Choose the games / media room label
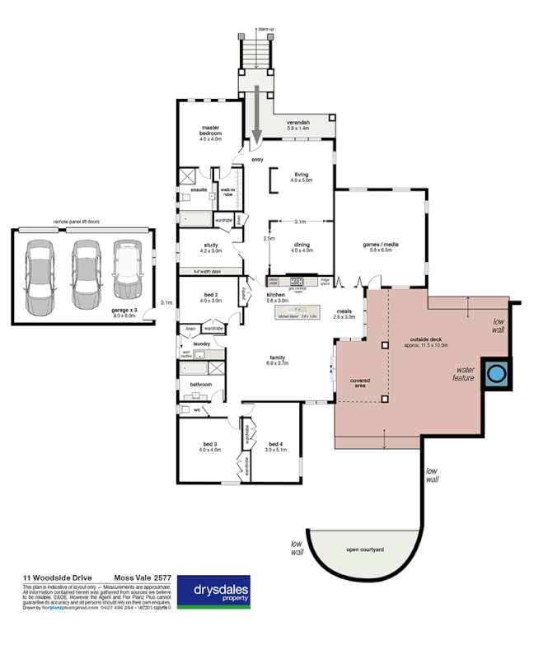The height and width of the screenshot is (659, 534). [x=381, y=246]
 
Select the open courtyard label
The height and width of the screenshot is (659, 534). [x=365, y=549]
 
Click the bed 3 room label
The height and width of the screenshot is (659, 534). [x=209, y=446]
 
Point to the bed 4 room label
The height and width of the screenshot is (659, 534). [x=275, y=446]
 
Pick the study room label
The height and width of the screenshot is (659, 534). [x=209, y=246]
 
